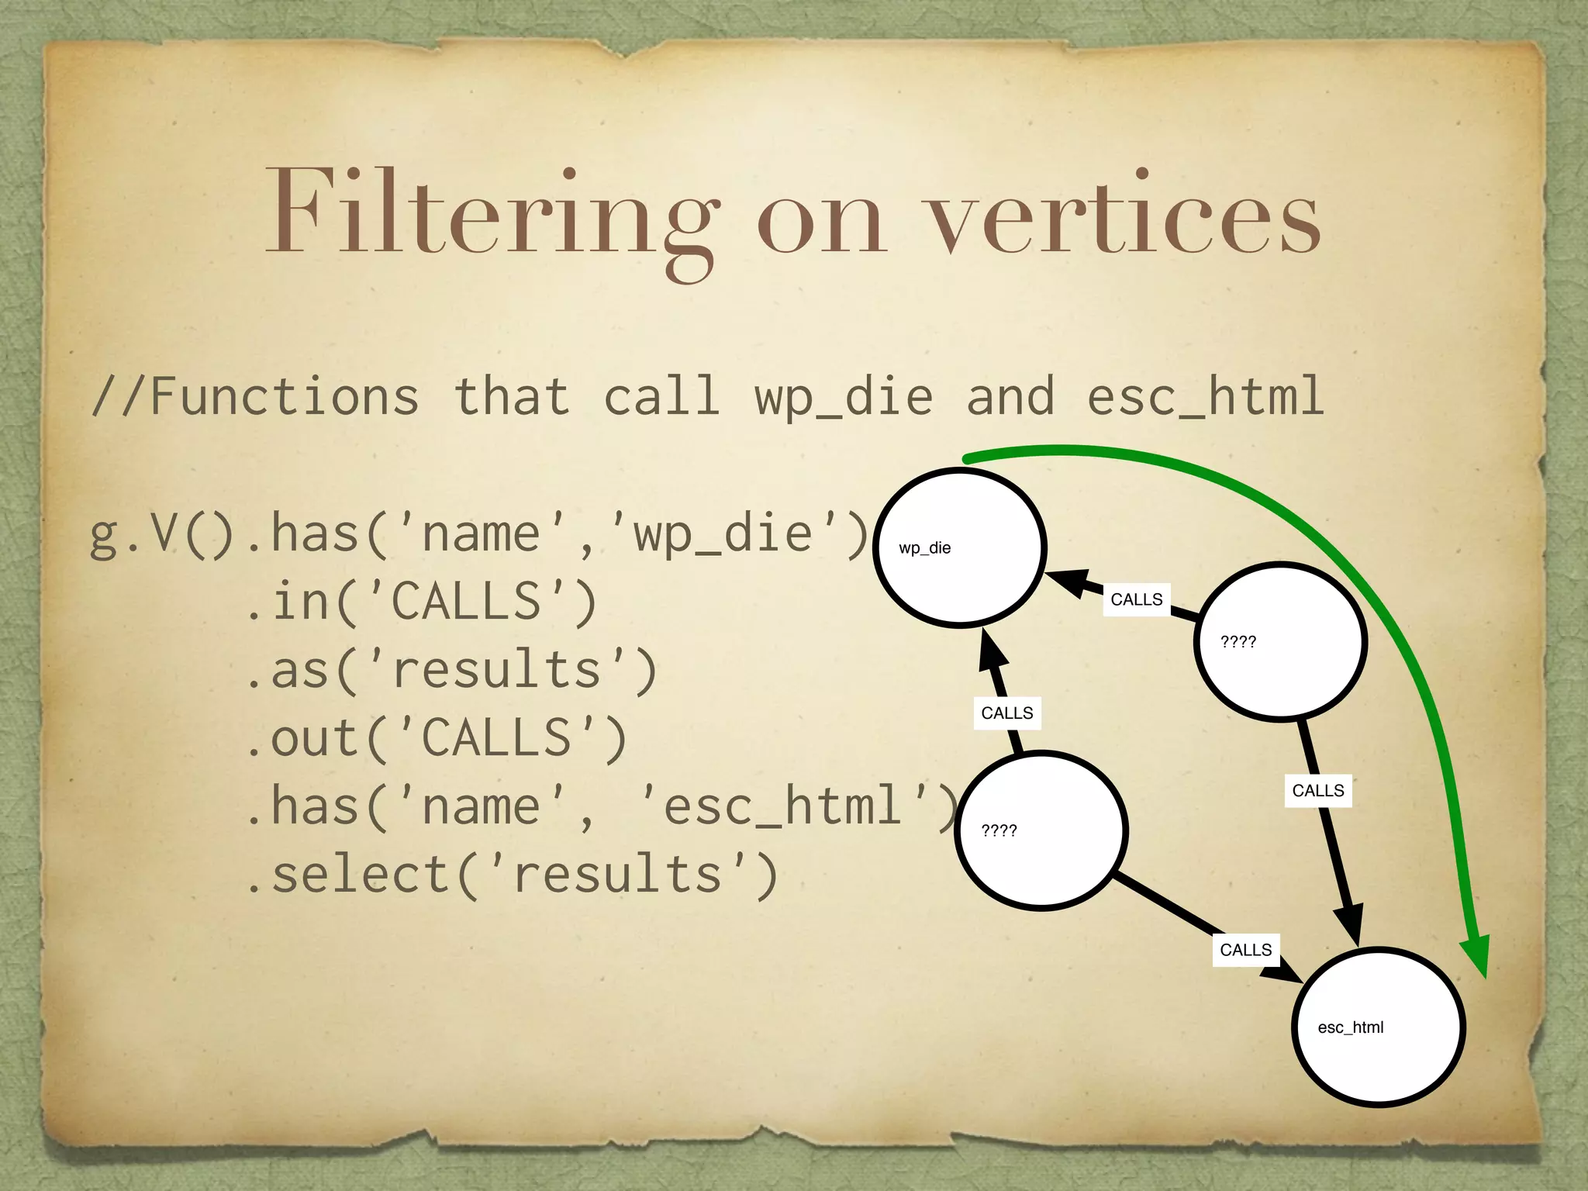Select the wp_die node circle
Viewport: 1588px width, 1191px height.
click(960, 547)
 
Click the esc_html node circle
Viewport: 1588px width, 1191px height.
click(1379, 1027)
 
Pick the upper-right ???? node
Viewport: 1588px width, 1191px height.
click(1280, 641)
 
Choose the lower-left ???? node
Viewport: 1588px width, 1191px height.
click(1041, 830)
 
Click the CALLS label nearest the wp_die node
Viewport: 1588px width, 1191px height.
click(1136, 599)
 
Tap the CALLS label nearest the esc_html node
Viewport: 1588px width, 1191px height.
click(1245, 950)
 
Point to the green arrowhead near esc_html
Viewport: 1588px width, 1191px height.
click(1475, 956)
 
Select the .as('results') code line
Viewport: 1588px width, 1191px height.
click(451, 670)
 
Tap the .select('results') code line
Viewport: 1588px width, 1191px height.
click(511, 875)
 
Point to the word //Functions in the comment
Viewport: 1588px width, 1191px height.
click(256, 397)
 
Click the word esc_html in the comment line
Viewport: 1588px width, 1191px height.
click(1205, 397)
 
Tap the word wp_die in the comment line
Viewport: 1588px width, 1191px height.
click(843, 397)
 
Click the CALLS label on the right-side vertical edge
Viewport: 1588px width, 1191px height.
click(1317, 791)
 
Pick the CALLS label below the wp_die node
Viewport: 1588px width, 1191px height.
click(1006, 713)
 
